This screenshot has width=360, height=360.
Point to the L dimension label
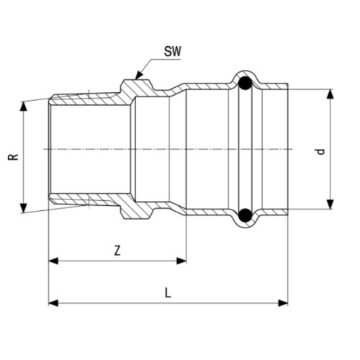[x=167, y=293]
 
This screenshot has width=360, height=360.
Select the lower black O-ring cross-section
[x=245, y=214]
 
